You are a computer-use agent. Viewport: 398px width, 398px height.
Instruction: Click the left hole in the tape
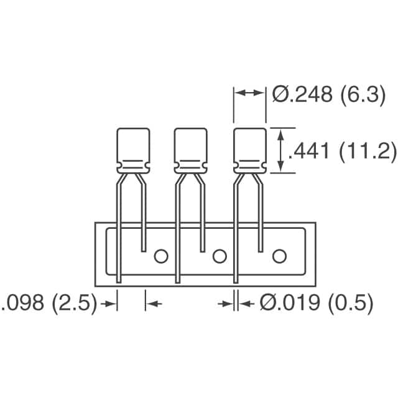click(x=161, y=256)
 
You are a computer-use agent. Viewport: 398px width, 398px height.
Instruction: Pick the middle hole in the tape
click(x=219, y=256)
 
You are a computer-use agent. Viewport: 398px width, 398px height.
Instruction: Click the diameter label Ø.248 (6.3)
click(x=328, y=95)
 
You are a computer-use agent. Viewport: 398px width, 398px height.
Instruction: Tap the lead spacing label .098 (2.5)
click(x=50, y=303)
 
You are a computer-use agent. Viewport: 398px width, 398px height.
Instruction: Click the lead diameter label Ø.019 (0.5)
click(x=316, y=303)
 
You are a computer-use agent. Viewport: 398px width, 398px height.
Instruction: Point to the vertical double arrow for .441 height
click(x=282, y=150)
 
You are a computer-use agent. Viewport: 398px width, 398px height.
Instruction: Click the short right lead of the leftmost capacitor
click(x=144, y=218)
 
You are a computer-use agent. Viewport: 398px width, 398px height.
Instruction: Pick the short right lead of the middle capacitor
click(x=201, y=218)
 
